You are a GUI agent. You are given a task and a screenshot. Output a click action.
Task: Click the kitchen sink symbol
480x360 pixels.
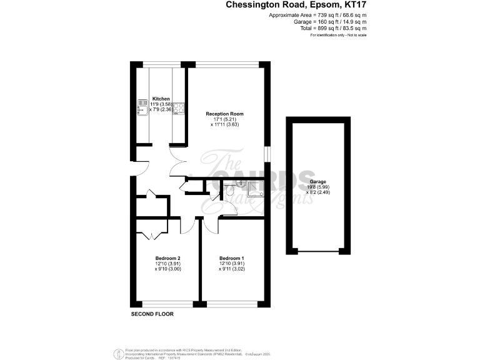click(141, 109)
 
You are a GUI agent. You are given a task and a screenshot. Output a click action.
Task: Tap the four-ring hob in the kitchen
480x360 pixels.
click(178, 109)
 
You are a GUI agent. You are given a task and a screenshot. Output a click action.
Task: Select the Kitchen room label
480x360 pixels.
click(161, 99)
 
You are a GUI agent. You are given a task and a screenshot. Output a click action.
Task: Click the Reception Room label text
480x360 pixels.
click(224, 114)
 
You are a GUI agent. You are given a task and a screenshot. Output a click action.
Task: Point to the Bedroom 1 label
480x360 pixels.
click(231, 258)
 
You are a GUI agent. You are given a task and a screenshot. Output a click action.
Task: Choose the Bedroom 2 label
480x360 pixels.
click(167, 258)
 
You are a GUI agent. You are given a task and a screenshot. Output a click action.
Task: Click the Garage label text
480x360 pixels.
click(317, 181)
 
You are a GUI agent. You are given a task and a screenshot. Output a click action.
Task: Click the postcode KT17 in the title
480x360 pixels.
click(354, 6)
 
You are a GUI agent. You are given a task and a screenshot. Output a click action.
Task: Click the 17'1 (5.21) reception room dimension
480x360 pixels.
click(224, 119)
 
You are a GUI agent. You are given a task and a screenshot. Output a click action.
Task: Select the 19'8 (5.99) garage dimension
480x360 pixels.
click(317, 187)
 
